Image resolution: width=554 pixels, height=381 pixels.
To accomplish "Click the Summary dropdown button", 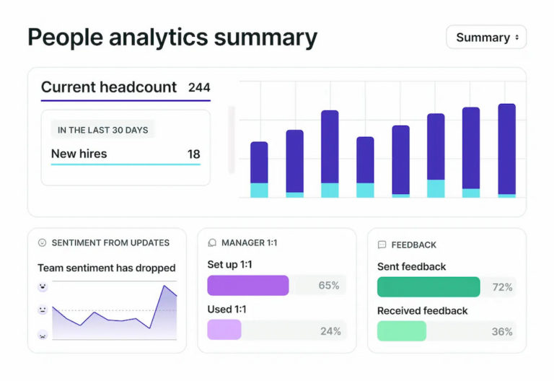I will pyautogui.click(x=485, y=38).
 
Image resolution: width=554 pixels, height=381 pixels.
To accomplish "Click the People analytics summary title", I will pyautogui.click(x=172, y=38).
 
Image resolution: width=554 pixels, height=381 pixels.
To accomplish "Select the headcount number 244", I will pyautogui.click(x=199, y=87).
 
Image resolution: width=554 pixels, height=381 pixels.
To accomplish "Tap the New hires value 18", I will pyautogui.click(x=193, y=154).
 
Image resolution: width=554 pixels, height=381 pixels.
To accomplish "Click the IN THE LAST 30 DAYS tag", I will pyautogui.click(x=102, y=130).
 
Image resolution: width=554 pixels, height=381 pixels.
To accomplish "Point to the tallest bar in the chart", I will pyautogui.click(x=507, y=149).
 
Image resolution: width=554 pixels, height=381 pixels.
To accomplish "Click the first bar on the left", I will pyautogui.click(x=259, y=169).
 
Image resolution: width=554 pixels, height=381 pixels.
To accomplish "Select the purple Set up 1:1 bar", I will pyautogui.click(x=247, y=285).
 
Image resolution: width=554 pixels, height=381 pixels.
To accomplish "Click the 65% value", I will pyautogui.click(x=329, y=286).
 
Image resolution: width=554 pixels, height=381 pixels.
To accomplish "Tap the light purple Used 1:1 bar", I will pyautogui.click(x=224, y=330).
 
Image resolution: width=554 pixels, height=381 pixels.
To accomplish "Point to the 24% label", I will pyautogui.click(x=330, y=331).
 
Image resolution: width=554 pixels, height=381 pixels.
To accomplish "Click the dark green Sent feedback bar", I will pyautogui.click(x=428, y=286).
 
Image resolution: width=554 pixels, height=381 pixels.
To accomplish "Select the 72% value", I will pyautogui.click(x=502, y=287).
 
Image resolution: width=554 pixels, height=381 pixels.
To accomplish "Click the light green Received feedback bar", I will pyautogui.click(x=401, y=331).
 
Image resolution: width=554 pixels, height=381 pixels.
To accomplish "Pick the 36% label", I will pyautogui.click(x=502, y=332).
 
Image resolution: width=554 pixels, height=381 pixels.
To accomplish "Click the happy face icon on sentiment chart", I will pyautogui.click(x=43, y=287).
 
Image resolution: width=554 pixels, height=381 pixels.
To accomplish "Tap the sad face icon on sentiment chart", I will pyautogui.click(x=43, y=335).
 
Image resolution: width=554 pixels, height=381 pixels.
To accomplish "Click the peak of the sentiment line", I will pyautogui.click(x=164, y=286).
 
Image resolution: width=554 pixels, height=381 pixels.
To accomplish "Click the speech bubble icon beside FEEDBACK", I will pyautogui.click(x=382, y=245).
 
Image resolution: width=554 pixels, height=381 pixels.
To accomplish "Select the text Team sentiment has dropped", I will pyautogui.click(x=106, y=268).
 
